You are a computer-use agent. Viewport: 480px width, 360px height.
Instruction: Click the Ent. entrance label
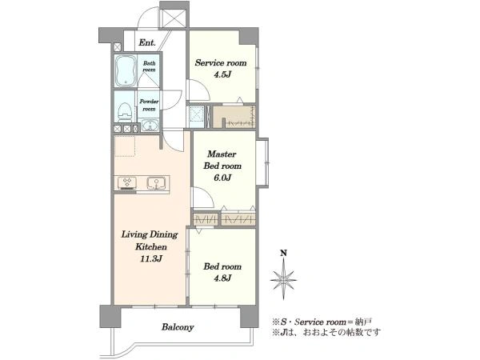pos(147,42)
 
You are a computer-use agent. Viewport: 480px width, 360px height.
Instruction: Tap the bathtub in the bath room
pos(126,70)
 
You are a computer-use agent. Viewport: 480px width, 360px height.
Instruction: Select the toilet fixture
pos(125,112)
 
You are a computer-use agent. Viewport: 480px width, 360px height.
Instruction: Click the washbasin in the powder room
pos(150,126)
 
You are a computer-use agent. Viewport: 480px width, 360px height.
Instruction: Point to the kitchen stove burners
pos(127,182)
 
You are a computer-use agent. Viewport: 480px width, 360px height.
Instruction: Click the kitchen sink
pos(157,183)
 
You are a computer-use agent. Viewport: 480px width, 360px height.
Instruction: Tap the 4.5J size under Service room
pos(222,74)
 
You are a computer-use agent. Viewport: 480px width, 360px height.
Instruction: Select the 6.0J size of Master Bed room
pos(222,178)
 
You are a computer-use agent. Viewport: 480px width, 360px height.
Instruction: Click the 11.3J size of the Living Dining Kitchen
pos(151,259)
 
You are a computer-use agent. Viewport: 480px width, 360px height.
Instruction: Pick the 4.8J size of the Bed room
pos(222,278)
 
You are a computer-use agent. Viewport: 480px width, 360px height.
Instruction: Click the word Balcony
pos(178,327)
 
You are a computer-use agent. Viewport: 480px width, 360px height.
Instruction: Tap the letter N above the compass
pos(284,253)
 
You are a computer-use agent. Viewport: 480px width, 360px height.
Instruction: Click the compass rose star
pos(283,279)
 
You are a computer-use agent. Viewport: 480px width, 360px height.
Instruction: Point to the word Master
pos(222,154)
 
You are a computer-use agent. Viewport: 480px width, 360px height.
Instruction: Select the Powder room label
pos(149,105)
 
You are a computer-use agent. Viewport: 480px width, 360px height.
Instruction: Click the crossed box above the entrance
pos(174,18)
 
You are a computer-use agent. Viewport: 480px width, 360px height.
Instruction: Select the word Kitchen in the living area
pos(151,246)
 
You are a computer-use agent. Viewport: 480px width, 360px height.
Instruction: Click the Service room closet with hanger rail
pos(234,117)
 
